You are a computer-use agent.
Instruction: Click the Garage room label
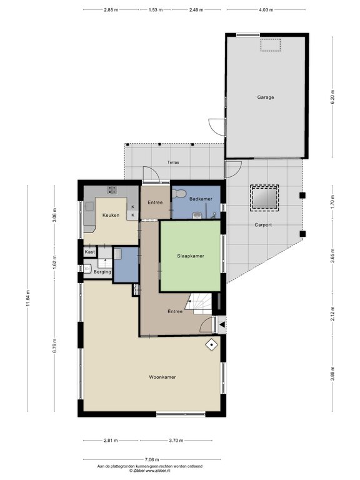coord(266,97)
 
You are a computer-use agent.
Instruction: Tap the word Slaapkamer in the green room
coord(191,256)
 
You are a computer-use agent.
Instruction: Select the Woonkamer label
coord(162,377)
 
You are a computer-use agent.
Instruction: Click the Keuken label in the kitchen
coord(111,215)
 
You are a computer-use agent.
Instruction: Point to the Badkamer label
coord(201,199)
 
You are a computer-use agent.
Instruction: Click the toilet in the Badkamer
coord(179,194)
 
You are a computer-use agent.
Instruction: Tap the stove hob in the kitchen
coord(112,190)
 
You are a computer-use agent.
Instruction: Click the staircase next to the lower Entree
coord(199,303)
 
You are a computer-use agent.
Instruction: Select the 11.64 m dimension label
coord(28,299)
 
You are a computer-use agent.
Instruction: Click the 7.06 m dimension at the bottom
coord(152,459)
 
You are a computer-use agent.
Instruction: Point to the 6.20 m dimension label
coord(332,97)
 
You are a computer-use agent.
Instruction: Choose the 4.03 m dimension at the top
coord(266,10)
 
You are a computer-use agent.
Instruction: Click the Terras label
coord(173,162)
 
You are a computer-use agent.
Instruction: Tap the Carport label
coord(263,225)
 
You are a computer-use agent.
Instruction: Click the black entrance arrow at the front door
coord(222,325)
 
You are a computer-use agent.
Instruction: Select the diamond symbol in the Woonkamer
coord(211,345)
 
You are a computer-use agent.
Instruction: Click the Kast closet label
coord(90,252)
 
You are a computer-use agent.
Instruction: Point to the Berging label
coord(102,272)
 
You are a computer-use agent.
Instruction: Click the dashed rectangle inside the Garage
coord(270,45)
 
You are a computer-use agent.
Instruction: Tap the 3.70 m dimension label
coord(176,441)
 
